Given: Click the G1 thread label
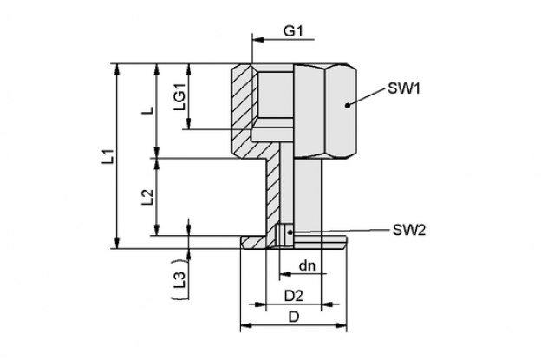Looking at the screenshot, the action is pos(293,31).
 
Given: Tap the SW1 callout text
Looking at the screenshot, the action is pos(404,88).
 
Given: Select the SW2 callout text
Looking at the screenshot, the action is pos(409,230).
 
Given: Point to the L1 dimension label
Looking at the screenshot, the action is pos(109,156).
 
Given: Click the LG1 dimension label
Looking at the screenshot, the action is pos(180,97).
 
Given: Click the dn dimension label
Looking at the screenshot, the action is pos(307,265).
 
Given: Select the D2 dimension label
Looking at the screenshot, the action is pos(293,296).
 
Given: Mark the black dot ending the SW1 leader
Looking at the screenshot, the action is pos(348,105).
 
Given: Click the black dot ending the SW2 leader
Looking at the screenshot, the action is pos(290,232).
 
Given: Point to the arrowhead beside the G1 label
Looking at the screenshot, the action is pos(258,40).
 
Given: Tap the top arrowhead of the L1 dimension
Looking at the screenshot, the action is pos(118,69).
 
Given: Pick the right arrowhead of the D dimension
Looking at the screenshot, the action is pos(341,325).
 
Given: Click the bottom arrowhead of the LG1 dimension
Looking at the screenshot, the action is pos(188,123).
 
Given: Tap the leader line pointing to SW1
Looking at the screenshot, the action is pos(366,97).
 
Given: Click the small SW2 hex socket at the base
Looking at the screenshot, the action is pos(284,237).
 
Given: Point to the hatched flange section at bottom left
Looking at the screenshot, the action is pos(255,242).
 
